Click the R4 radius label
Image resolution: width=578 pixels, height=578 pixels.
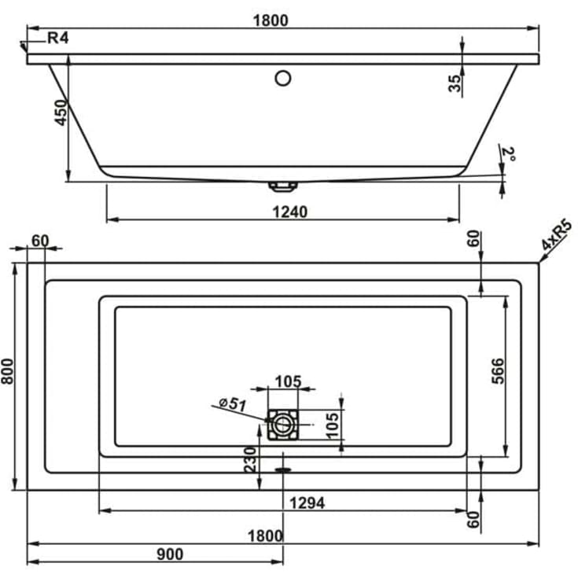(58, 38)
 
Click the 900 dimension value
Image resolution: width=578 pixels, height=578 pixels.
(169, 554)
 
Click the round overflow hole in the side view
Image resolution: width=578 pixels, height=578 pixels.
(283, 78)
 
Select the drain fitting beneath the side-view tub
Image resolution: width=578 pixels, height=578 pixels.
(282, 187)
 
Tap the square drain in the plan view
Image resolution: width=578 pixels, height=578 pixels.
(282, 425)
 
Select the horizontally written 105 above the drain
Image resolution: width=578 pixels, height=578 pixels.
(287, 381)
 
